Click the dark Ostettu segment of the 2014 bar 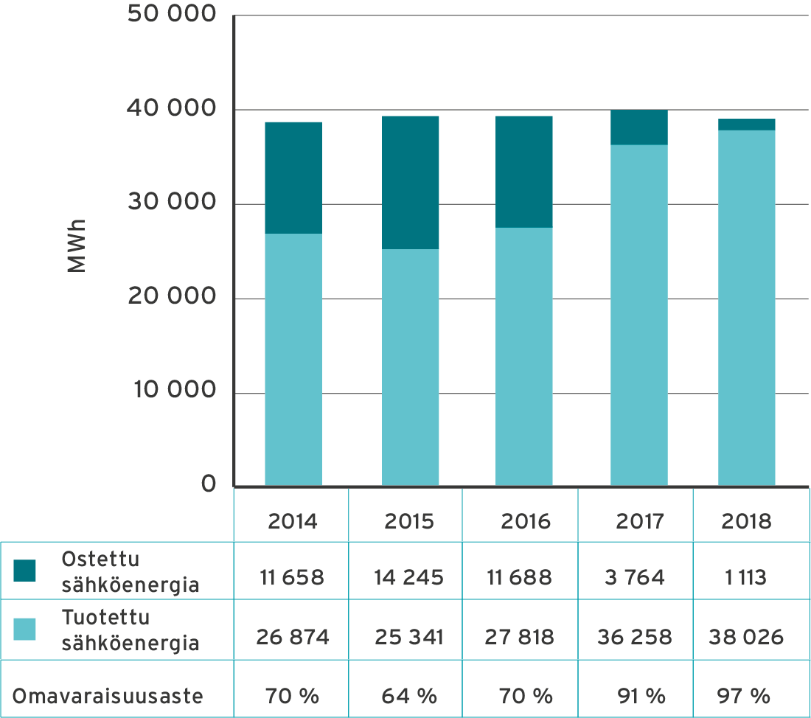[293, 178]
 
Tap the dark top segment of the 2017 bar [639, 128]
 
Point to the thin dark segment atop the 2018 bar [746, 125]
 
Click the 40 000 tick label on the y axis [172, 109]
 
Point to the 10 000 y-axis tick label [175, 391]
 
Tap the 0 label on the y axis [209, 485]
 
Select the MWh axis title [76, 245]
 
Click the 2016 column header [526, 521]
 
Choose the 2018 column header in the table [746, 521]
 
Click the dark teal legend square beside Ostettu [24, 570]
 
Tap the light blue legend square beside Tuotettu [24, 629]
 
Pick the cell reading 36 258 [638, 636]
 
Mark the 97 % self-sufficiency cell [743, 695]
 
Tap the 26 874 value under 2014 [293, 636]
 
